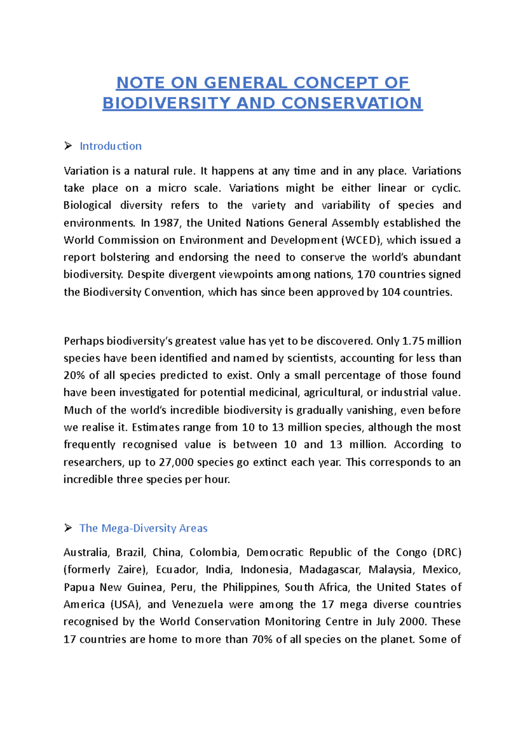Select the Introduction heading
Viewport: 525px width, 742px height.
click(x=110, y=146)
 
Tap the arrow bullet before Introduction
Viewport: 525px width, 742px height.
click(x=68, y=146)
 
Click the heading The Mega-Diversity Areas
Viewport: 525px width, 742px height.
click(x=143, y=528)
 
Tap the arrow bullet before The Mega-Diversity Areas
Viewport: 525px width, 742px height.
click(x=68, y=528)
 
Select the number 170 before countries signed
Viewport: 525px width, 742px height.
click(x=366, y=274)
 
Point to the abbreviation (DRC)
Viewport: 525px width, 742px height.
click(x=447, y=552)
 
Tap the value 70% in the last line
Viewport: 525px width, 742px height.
click(x=262, y=639)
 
